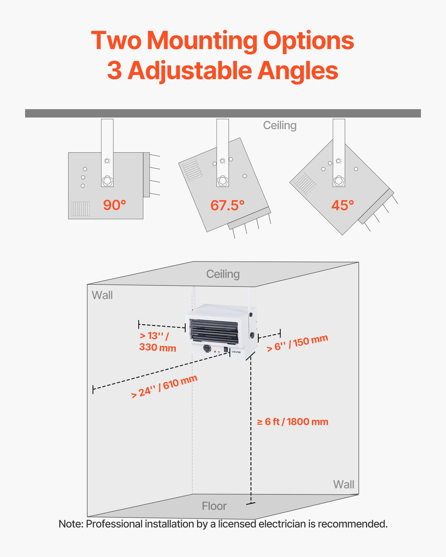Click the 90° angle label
pyautogui.click(x=115, y=205)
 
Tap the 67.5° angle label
pyautogui.click(x=227, y=205)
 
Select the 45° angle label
pyautogui.click(x=343, y=205)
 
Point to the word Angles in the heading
pyautogui.click(x=297, y=70)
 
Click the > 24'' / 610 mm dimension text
pyautogui.click(x=164, y=387)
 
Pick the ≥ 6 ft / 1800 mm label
pyautogui.click(x=293, y=422)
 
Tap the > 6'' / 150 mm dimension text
pyautogui.click(x=297, y=343)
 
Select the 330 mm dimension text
pyautogui.click(x=158, y=347)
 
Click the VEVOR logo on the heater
pyautogui.click(x=236, y=352)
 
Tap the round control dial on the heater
pyautogui.click(x=207, y=349)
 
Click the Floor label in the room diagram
pyautogui.click(x=214, y=506)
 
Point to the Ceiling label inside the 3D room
pyautogui.click(x=223, y=274)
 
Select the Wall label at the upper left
pyautogui.click(x=102, y=295)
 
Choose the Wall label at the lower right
pyautogui.click(x=344, y=484)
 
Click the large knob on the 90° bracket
pyautogui.click(x=107, y=181)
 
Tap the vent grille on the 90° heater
pyautogui.click(x=80, y=208)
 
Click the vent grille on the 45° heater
pyautogui.click(x=305, y=183)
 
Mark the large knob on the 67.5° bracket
pyautogui.click(x=223, y=181)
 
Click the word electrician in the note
pyautogui.click(x=282, y=524)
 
